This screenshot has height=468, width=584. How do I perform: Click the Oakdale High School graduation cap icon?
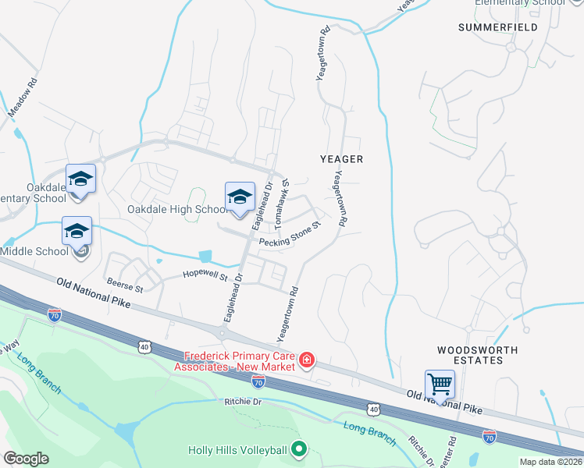tap(240, 197)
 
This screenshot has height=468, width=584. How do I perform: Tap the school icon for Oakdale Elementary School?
tap(80, 179)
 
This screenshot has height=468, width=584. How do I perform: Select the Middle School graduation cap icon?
tap(77, 232)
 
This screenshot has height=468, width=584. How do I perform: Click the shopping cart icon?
tap(440, 385)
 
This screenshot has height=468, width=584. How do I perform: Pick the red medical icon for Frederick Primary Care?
tap(308, 360)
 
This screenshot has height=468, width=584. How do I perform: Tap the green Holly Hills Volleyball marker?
tap(297, 449)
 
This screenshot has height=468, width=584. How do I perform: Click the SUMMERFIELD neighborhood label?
tap(497, 27)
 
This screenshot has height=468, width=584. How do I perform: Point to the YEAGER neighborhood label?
tap(342, 158)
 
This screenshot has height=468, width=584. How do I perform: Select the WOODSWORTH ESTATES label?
tap(468, 355)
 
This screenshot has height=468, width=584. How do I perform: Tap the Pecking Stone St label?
tap(290, 236)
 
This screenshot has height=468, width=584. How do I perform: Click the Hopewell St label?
tap(205, 275)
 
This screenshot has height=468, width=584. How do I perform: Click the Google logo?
tap(26, 459)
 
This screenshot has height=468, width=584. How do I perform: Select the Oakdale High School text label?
tap(178, 210)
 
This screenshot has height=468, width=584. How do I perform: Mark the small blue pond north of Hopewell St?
tap(205, 255)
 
